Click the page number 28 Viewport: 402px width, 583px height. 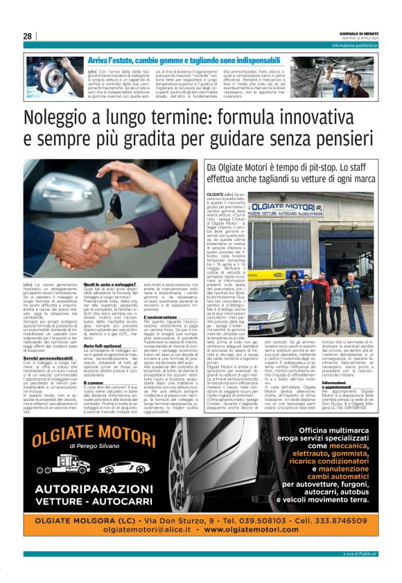[27, 36]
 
